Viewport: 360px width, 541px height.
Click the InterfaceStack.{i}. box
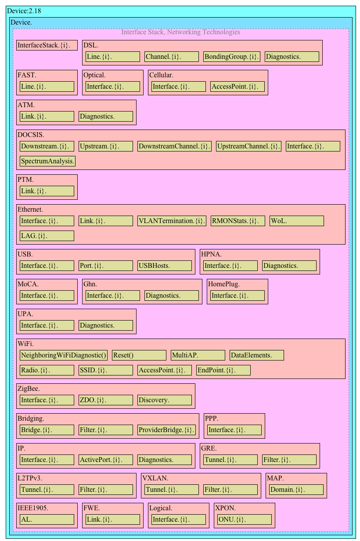pos(47,45)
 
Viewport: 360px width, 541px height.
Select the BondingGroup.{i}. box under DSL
pos(231,57)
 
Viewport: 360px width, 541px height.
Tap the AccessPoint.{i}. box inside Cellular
pos(238,87)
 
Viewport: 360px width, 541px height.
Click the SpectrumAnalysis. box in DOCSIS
pos(47,161)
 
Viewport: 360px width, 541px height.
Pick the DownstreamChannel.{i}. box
pos(174,146)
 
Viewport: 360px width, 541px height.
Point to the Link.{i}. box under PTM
pos(47,191)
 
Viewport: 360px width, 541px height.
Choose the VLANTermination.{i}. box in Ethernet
pos(172,221)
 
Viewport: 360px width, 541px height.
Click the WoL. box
pos(296,221)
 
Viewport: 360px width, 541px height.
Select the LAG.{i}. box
pos(47,236)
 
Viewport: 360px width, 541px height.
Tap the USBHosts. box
pos(165,266)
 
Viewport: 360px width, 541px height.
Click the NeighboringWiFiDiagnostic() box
pos(64,355)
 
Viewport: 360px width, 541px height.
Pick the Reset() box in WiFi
pos(139,355)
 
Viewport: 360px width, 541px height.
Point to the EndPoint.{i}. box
pos(223,370)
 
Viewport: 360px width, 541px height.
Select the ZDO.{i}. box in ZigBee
pos(106,400)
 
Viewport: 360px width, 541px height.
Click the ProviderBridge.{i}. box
pos(166,430)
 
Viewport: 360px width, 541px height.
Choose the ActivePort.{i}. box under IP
pos(106,460)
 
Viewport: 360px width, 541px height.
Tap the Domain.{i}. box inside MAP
pos(296,490)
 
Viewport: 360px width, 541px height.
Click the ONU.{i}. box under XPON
pos(245,519)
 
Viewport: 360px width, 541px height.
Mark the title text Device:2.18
pos(24,11)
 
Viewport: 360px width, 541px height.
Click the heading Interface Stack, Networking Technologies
pos(180,32)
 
